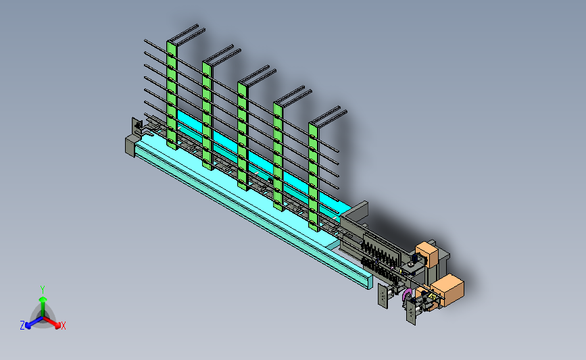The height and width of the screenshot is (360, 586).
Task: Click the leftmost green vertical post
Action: pos(172,95)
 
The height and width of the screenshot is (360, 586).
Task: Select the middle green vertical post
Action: pos(243,136)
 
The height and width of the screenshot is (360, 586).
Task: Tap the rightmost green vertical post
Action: pos(314,178)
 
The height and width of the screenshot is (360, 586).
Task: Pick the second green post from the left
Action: pos(207,115)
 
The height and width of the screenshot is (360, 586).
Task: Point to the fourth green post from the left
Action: pos(278,157)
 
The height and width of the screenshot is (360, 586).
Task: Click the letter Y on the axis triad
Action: pos(43,290)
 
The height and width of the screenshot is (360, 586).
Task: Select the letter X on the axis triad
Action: pos(63,326)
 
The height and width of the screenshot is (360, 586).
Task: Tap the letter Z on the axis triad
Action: pos(22,326)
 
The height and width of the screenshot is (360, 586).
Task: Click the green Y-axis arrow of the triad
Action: pos(43,306)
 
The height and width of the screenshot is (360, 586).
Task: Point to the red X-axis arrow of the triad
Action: pos(51,322)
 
